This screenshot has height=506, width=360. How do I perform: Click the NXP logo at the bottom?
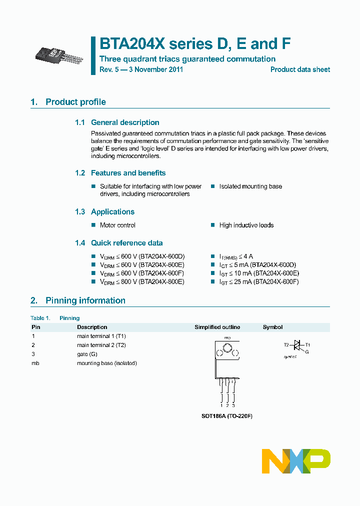pyautogui.click(x=296, y=461)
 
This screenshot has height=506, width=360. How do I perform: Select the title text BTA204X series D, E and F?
pyautogui.click(x=195, y=44)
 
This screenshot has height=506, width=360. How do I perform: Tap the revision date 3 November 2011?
pyautogui.click(x=156, y=69)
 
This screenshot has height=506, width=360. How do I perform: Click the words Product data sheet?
pyautogui.click(x=300, y=69)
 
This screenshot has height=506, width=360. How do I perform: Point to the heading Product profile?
pyautogui.click(x=75, y=102)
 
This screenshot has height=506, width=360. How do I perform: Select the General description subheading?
pyautogui.click(x=124, y=122)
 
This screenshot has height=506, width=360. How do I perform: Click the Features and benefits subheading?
pyautogui.click(x=128, y=173)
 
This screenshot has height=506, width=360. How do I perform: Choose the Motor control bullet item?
pyautogui.click(x=117, y=225)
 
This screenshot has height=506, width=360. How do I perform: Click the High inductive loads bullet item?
pyautogui.click(x=246, y=225)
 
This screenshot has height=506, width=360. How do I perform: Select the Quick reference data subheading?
pyautogui.click(x=126, y=243)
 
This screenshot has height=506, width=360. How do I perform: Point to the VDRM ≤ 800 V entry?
pyautogui.click(x=142, y=282)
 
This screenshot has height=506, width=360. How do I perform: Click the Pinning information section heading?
pyautogui.click(x=85, y=300)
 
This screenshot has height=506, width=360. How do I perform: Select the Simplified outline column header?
pyautogui.click(x=217, y=327)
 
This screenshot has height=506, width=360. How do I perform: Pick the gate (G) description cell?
pyautogui.click(x=87, y=354)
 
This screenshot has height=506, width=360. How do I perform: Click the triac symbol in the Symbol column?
pyautogui.click(x=297, y=345)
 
